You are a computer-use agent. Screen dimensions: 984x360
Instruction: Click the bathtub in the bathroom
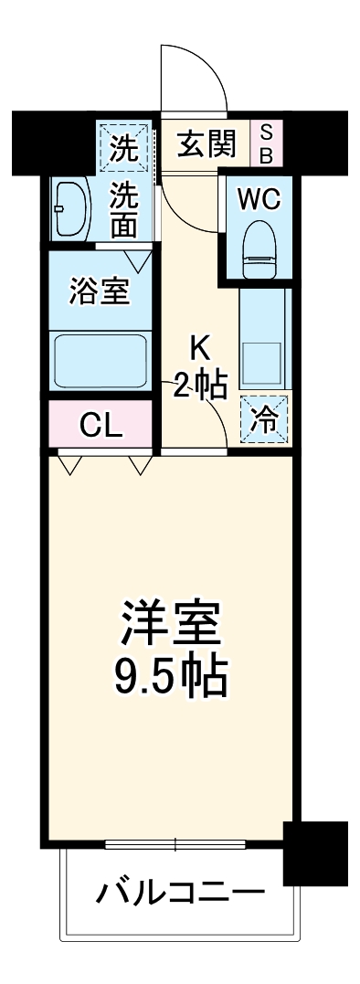click(x=100, y=361)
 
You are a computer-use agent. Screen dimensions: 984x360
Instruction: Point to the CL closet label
click(x=101, y=426)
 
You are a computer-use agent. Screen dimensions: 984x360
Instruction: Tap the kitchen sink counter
click(x=264, y=338)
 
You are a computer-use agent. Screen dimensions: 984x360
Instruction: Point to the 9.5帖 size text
click(x=173, y=681)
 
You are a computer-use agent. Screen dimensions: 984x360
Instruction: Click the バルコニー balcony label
click(x=181, y=891)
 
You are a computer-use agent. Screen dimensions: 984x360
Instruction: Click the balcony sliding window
click(x=174, y=843)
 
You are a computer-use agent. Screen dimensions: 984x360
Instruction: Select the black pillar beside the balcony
click(x=314, y=852)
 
